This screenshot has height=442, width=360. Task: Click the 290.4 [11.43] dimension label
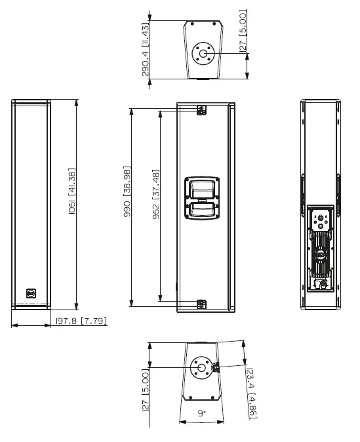point(146,49)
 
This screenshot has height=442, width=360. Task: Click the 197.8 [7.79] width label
point(81,321)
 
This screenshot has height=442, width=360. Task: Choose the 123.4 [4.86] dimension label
point(251,392)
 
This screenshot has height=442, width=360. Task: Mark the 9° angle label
point(201,413)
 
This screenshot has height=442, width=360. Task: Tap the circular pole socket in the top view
point(202,52)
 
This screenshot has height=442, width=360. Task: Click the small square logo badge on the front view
point(31,292)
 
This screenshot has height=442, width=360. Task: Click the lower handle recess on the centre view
point(203,212)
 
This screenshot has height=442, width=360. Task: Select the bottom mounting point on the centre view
point(202,303)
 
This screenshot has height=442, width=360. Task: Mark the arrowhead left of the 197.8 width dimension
point(15,323)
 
